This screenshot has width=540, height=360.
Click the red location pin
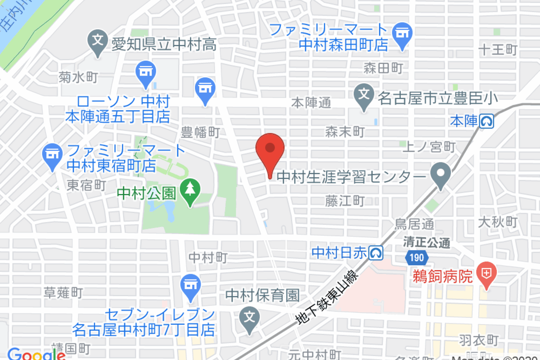[x=270, y=148]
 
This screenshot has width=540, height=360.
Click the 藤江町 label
[x=345, y=201]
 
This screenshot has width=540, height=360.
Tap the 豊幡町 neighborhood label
[x=200, y=132]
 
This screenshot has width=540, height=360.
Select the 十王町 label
[x=498, y=49]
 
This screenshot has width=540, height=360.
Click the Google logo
[x=36, y=355]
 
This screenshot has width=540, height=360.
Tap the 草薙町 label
[x=63, y=293]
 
